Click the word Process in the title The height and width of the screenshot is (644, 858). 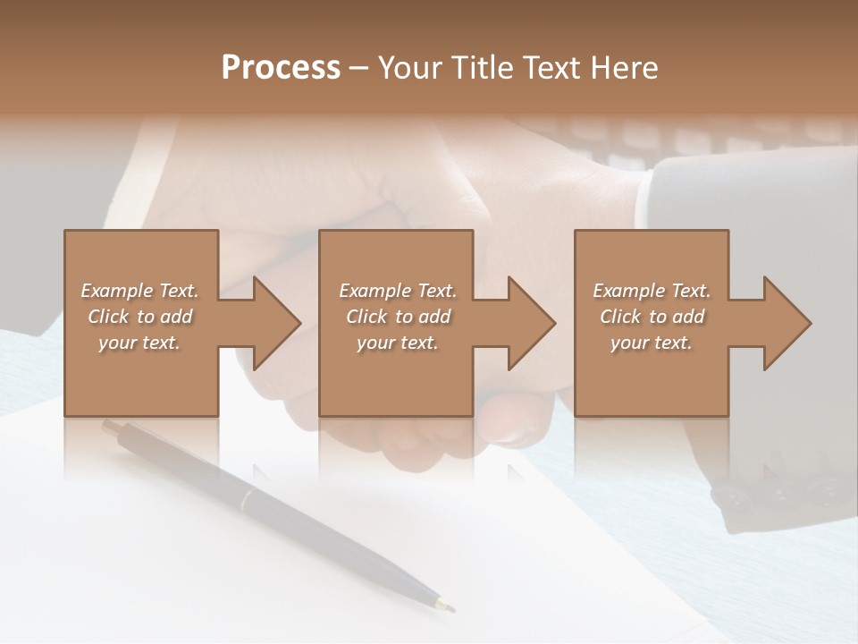(x=281, y=68)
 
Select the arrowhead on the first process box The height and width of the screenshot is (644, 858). (x=277, y=323)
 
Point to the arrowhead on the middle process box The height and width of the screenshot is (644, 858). (x=532, y=323)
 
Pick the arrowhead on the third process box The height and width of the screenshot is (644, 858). (x=787, y=323)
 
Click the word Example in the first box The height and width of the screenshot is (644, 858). (x=116, y=291)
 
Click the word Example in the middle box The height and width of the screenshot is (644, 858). (x=374, y=291)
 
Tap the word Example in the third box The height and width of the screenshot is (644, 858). (x=628, y=291)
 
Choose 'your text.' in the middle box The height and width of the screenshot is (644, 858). (x=397, y=343)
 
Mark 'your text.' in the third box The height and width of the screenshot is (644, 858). (x=651, y=343)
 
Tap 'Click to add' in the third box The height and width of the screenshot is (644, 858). (x=652, y=317)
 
